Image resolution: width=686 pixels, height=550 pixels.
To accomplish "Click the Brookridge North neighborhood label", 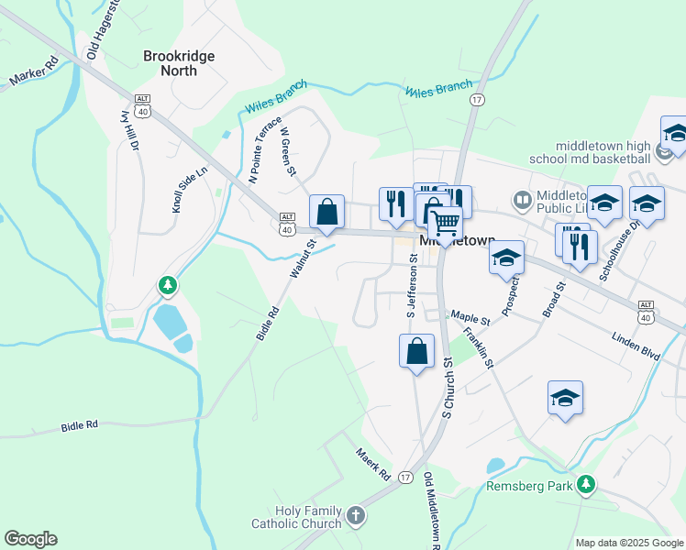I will click(179, 64).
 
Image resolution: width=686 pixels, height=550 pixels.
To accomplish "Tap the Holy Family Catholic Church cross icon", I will click(357, 516).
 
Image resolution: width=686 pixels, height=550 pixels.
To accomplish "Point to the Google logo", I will click(30, 539).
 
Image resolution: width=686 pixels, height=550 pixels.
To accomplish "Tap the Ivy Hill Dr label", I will click(129, 130).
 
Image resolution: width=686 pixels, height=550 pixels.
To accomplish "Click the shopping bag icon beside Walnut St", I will click(326, 212).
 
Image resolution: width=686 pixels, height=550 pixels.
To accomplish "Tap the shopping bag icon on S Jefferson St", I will click(416, 350).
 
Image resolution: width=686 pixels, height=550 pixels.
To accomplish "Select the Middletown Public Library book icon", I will click(522, 199).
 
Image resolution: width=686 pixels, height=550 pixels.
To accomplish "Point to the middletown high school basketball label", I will click(602, 152).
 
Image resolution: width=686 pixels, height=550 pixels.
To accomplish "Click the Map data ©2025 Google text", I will click(628, 542).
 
